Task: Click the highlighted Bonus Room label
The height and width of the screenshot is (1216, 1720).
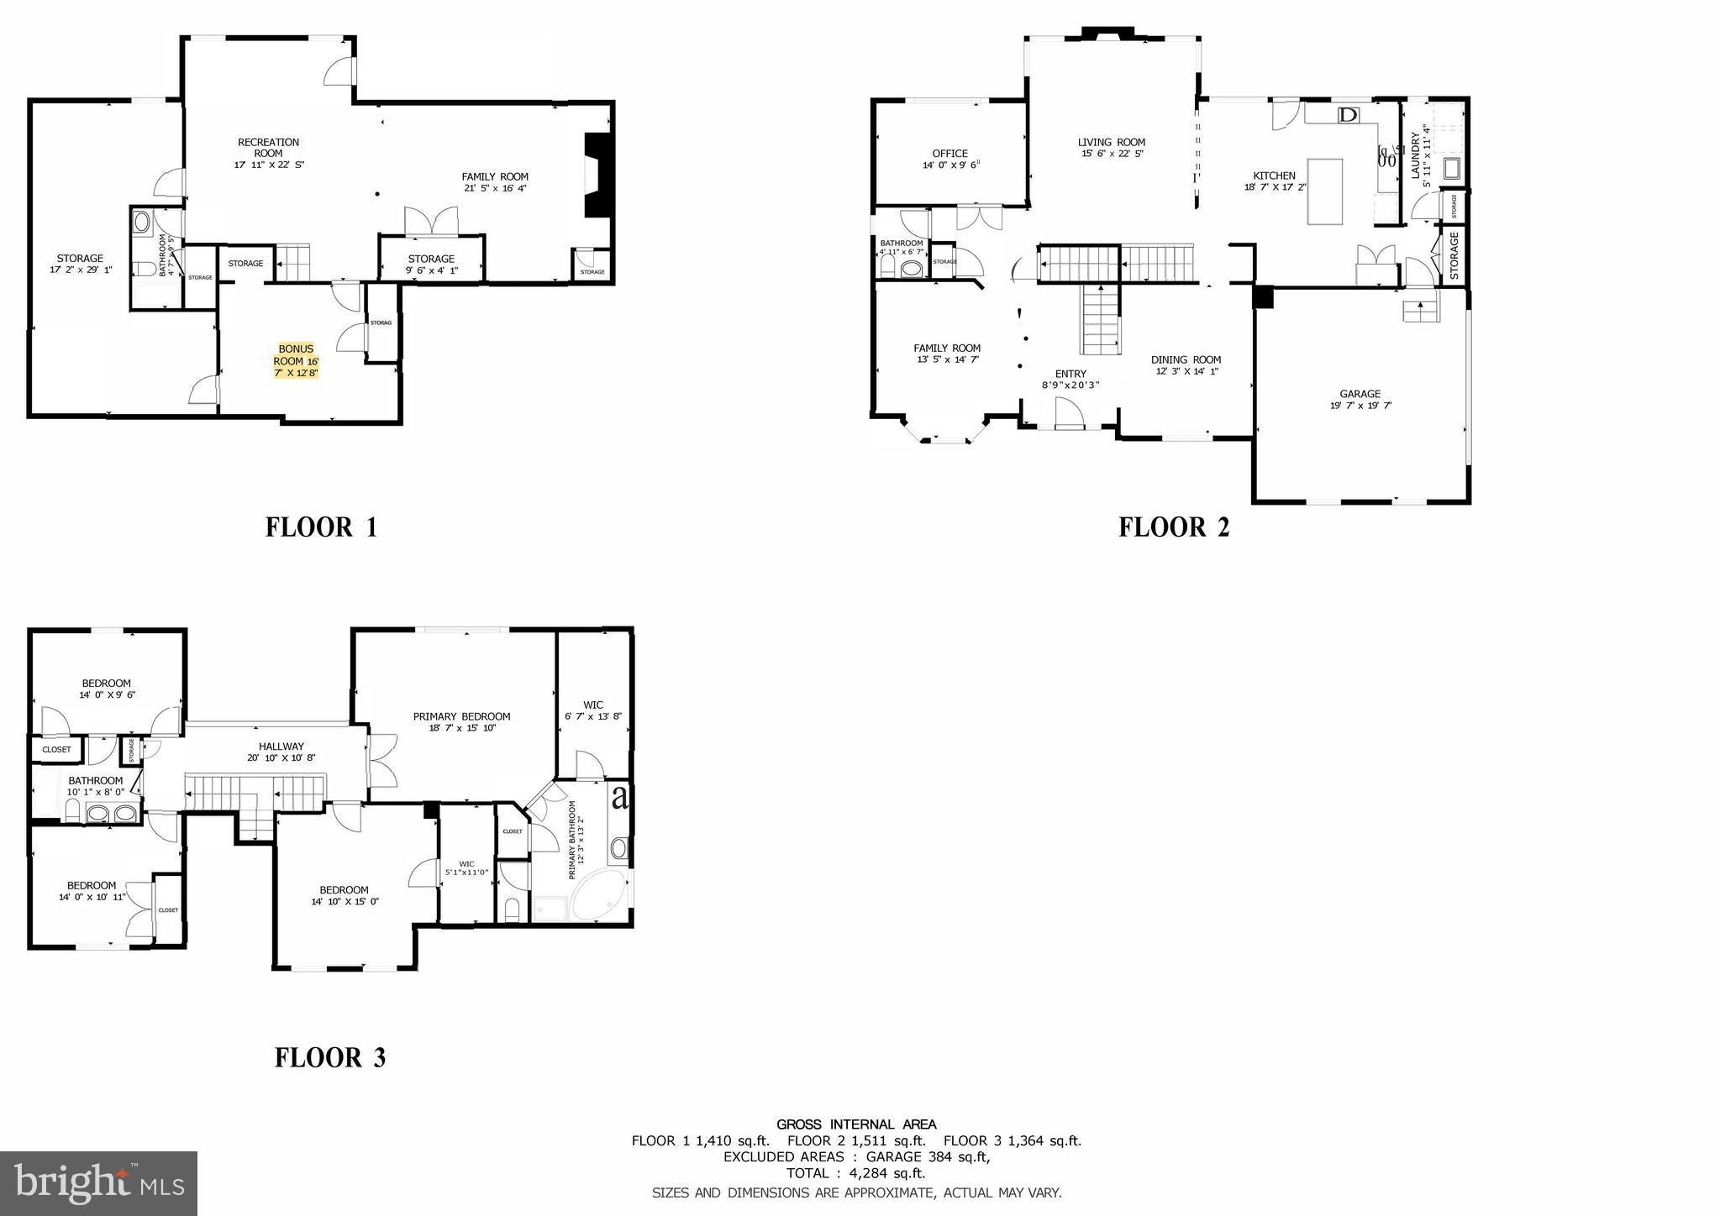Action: point(296,360)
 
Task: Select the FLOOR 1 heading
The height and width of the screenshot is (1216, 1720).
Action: point(321,527)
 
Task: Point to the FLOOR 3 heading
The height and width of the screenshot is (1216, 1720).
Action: point(330,1057)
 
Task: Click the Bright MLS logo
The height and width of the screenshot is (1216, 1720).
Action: point(98,1183)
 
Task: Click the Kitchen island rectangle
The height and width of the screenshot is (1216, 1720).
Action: point(1325,191)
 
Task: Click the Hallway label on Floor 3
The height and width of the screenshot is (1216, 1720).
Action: point(281,752)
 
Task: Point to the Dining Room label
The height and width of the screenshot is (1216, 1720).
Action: point(1185,365)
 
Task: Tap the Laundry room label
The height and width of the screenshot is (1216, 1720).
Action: point(1419,154)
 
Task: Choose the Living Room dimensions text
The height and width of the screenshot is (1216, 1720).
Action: point(1112,154)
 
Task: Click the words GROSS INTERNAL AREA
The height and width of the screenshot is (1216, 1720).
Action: point(855,1124)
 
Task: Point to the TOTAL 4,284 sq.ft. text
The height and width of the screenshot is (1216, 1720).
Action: point(855,1173)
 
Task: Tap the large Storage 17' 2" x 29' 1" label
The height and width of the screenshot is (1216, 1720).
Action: point(80,264)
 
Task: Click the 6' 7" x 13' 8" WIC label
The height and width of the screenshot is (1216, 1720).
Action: point(593,710)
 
